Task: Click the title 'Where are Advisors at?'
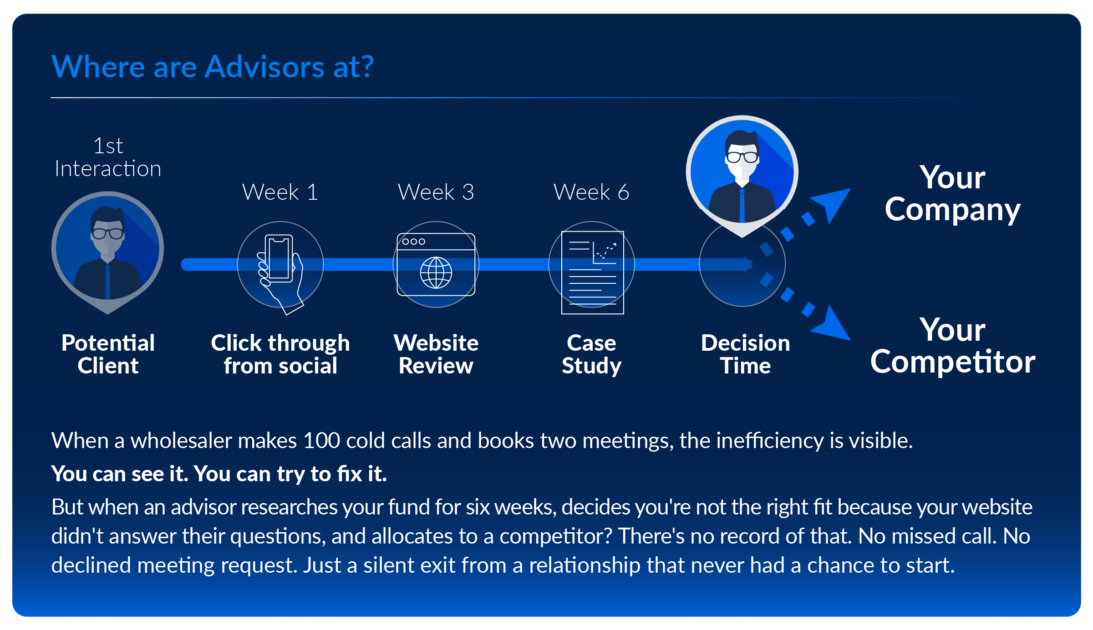tap(213, 67)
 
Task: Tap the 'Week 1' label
tap(280, 192)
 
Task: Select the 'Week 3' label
tap(436, 192)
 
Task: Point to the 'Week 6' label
tap(591, 192)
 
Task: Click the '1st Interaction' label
tap(108, 157)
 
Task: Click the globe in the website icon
tap(436, 273)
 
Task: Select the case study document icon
tap(592, 272)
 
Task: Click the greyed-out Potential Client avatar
tap(108, 250)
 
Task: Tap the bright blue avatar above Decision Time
tap(742, 173)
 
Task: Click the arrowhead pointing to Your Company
tap(833, 202)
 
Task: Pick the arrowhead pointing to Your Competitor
tap(833, 326)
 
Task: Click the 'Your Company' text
tap(952, 193)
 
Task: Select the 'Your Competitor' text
tap(952, 346)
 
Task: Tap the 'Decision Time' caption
tap(745, 354)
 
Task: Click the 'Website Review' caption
tap(436, 354)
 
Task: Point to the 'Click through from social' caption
tap(280, 354)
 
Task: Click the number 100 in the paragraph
tap(321, 441)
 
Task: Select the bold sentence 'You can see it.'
tap(120, 474)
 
